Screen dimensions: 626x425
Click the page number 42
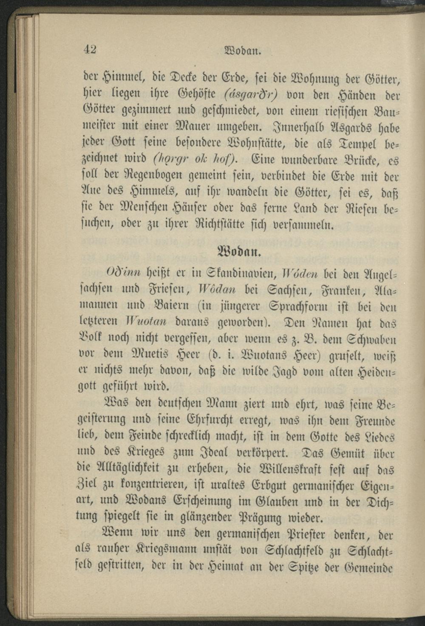(x=90, y=49)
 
